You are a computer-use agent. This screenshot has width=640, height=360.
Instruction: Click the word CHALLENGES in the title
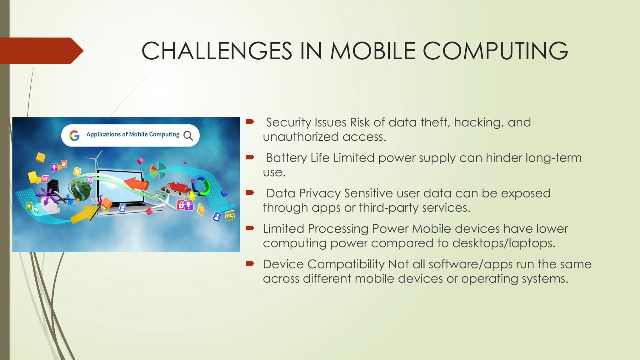coord(217,51)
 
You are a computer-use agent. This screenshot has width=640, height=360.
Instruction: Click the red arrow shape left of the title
coord(41,51)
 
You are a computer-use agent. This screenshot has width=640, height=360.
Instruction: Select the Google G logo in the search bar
coord(74,135)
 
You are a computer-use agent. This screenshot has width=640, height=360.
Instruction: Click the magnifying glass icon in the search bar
coord(188,135)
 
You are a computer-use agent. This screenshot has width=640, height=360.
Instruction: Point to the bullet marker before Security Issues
coord(250,122)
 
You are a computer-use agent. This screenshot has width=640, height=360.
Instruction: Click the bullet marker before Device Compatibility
coord(250,264)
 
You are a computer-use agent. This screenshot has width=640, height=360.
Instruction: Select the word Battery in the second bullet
coord(286,158)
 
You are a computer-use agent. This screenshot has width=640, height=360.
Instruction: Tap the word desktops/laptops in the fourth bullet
coord(504,243)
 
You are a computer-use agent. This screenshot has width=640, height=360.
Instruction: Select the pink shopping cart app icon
coord(46,179)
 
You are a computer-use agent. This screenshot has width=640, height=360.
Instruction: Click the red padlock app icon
coord(181,205)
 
